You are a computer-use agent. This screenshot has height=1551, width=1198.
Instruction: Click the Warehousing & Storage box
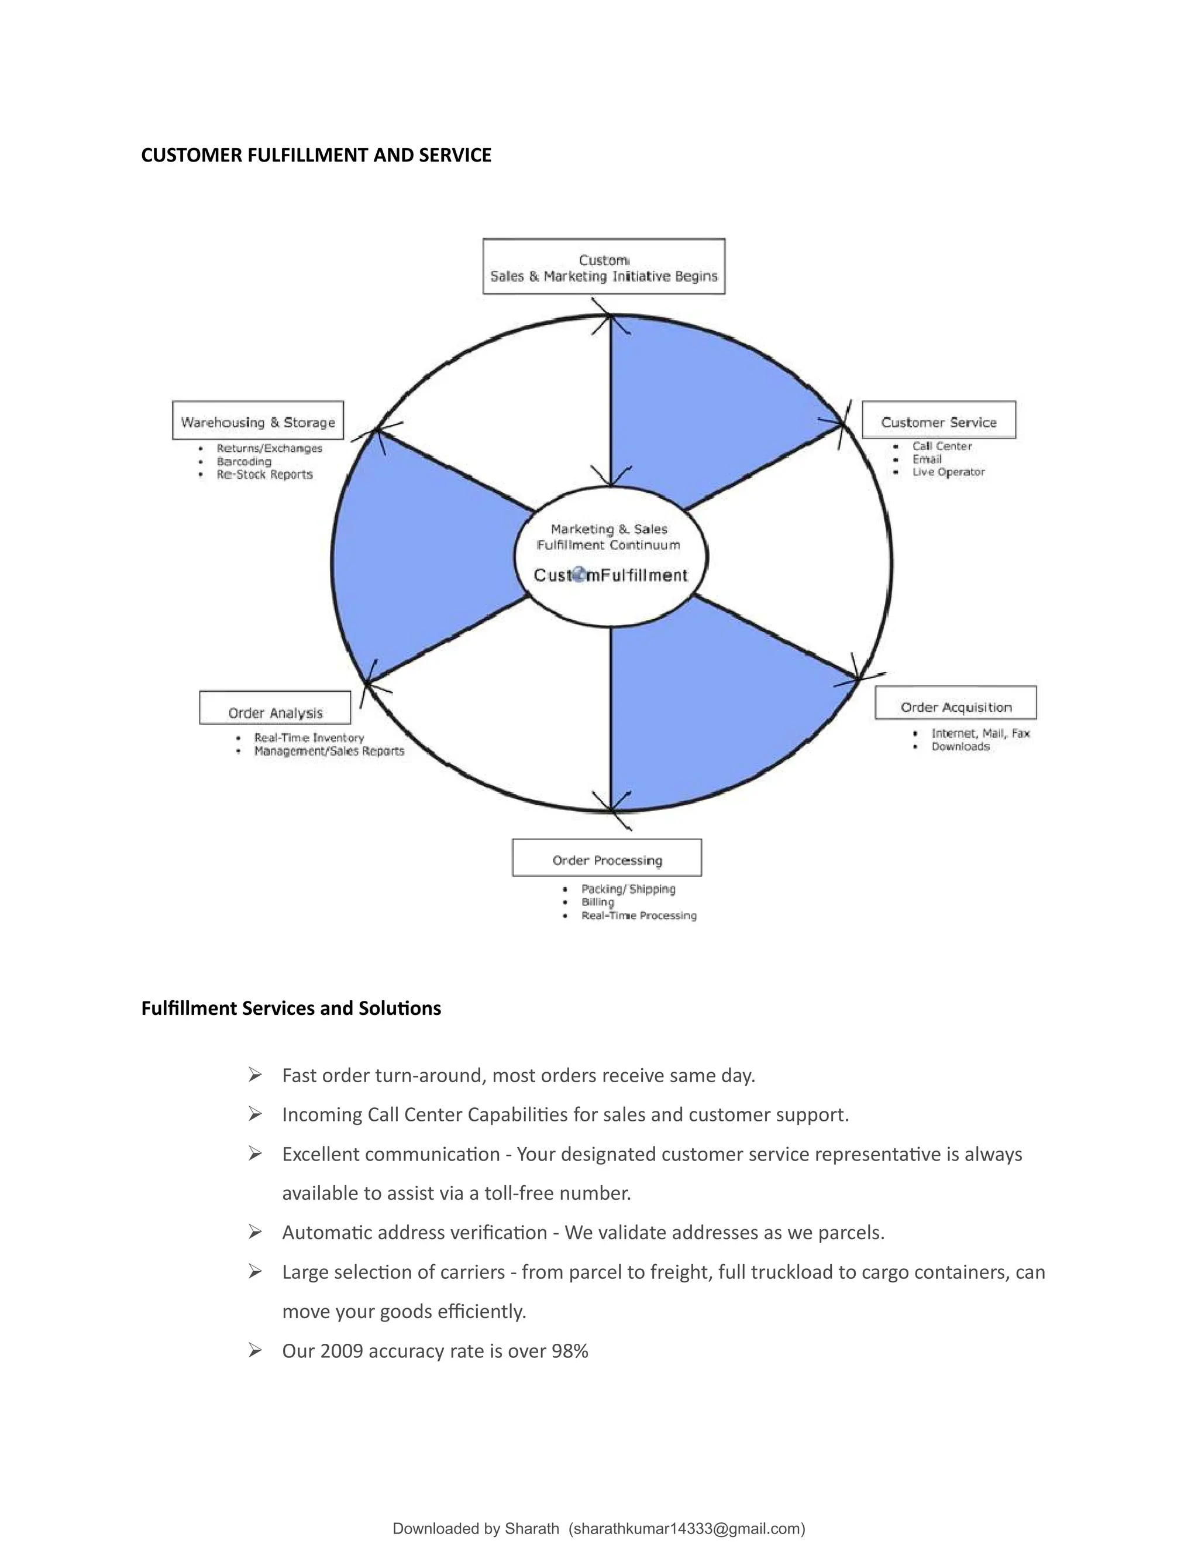(x=257, y=421)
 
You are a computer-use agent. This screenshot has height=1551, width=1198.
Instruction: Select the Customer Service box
(x=938, y=421)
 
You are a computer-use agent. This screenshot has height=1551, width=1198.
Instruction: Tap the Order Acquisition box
(x=955, y=705)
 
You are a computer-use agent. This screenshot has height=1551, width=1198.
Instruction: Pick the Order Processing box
(x=607, y=859)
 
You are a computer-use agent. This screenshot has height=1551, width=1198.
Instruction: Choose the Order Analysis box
(x=276, y=710)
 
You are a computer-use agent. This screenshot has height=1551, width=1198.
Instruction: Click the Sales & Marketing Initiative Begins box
(x=603, y=267)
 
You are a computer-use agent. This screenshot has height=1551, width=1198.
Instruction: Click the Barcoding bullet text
(x=243, y=462)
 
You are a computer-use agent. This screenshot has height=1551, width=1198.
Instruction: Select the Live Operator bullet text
(x=948, y=472)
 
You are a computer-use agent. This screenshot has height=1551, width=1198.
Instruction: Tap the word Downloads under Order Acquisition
(x=961, y=747)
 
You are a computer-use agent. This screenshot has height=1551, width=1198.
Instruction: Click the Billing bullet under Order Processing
(x=598, y=903)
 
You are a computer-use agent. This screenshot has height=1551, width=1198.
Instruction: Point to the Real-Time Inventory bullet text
(x=309, y=738)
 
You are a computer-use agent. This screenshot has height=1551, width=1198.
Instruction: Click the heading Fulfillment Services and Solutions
(x=291, y=1008)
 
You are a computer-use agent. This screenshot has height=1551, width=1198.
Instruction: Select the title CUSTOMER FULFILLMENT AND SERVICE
(x=316, y=156)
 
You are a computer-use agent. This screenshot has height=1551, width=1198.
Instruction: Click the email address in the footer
(x=686, y=1529)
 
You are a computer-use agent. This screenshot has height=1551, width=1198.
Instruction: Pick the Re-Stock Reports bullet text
(x=265, y=475)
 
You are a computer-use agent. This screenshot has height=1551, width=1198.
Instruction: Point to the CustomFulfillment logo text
(x=610, y=575)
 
